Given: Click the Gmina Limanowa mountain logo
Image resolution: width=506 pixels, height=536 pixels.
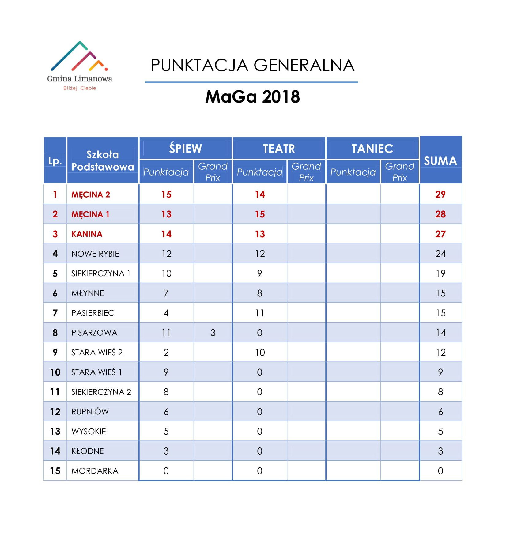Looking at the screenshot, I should [x=79, y=56].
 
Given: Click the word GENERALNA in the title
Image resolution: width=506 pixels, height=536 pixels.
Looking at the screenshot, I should [x=304, y=66].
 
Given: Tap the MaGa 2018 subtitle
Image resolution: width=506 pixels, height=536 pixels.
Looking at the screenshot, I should [x=252, y=97].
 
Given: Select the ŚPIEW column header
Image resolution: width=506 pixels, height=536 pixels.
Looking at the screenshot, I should [x=185, y=149].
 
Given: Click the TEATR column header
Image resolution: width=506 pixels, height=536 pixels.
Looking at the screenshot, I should [x=279, y=149].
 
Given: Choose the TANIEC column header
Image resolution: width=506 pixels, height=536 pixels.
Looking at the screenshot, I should [x=372, y=149].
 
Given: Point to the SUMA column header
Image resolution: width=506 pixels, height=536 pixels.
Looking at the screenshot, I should [x=440, y=160].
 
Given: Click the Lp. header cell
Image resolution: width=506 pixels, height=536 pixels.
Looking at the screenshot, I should [x=55, y=161].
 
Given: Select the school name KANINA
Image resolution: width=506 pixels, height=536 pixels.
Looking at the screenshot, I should [x=87, y=234].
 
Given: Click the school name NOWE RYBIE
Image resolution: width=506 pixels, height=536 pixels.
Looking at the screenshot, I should [x=95, y=254].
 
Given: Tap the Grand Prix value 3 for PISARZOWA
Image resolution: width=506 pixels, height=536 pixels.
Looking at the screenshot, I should [x=213, y=333].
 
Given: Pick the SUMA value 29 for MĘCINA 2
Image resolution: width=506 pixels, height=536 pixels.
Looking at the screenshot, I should [x=440, y=194].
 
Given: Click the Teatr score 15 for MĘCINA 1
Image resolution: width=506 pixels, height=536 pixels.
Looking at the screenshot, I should [x=260, y=214].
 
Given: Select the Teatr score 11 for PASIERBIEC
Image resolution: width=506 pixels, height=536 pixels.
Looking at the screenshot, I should [x=260, y=313].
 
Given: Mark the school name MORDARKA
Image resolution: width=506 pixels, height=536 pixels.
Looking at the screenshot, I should [x=95, y=471].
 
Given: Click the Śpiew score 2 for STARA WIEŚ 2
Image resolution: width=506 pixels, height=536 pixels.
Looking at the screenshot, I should [x=166, y=353].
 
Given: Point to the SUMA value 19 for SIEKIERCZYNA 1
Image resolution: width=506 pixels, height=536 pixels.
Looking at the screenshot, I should [x=440, y=274].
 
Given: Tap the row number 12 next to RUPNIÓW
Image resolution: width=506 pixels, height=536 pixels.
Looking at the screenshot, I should [x=55, y=412].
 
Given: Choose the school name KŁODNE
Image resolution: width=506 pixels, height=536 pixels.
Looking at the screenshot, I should [x=88, y=451].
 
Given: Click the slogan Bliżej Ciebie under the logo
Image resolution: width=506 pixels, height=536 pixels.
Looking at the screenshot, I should [x=80, y=88].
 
